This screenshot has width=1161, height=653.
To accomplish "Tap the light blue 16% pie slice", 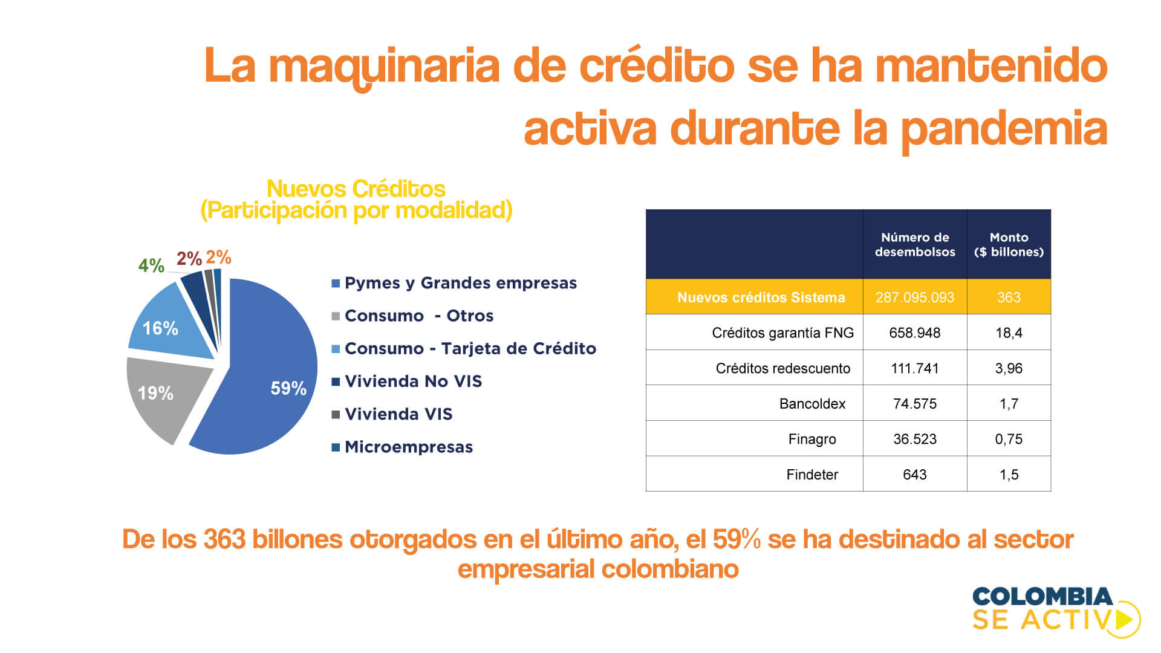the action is [x=169, y=323].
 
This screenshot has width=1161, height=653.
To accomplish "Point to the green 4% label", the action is [x=151, y=265].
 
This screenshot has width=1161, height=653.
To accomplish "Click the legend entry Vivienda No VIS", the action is [x=406, y=382].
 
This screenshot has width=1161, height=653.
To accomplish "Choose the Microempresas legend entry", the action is [x=402, y=447].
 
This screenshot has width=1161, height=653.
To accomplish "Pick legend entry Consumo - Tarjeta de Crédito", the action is [x=464, y=349].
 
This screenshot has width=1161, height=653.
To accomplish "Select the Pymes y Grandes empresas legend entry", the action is [x=454, y=284].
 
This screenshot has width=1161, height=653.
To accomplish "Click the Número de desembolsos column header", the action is [x=915, y=245].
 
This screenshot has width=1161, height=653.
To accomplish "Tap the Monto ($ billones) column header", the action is [x=1009, y=245].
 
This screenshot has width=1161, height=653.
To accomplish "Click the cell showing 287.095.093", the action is [x=915, y=297].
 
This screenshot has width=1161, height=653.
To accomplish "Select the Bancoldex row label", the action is [x=812, y=404].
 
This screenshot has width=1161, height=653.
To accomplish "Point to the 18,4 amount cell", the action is [x=1009, y=333].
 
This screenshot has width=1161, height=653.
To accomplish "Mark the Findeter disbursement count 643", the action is [x=915, y=475].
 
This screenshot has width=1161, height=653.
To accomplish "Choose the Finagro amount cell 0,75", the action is [x=1009, y=440].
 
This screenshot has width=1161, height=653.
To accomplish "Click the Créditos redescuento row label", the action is [x=782, y=369].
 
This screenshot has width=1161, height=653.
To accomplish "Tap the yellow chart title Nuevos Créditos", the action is [x=356, y=189].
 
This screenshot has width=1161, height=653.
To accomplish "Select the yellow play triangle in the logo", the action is [x=1125, y=619].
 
